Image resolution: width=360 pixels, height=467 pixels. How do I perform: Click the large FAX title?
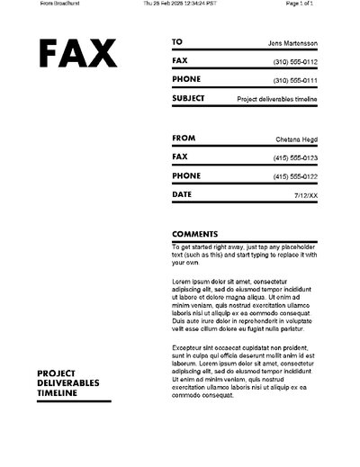click(x=77, y=55)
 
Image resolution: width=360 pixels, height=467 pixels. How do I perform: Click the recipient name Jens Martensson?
click(x=292, y=42)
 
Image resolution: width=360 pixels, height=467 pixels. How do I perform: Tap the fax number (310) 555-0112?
click(x=295, y=61)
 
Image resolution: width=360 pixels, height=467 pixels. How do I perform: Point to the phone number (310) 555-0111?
click(x=295, y=80)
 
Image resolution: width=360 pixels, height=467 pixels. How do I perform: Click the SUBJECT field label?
click(x=188, y=98)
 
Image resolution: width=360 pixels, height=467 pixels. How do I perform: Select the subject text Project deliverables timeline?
click(x=277, y=99)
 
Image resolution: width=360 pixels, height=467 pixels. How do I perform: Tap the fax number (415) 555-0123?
click(x=295, y=157)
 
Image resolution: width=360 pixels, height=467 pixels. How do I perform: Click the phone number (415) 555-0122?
click(x=295, y=176)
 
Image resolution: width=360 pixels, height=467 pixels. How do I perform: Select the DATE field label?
click(x=181, y=194)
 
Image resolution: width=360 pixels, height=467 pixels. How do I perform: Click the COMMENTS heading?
click(x=194, y=234)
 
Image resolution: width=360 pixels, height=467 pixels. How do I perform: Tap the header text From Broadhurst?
click(x=34, y=4)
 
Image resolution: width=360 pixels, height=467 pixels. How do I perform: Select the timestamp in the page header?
click(x=181, y=4)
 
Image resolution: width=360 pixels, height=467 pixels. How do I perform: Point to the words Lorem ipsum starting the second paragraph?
click(x=192, y=281)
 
